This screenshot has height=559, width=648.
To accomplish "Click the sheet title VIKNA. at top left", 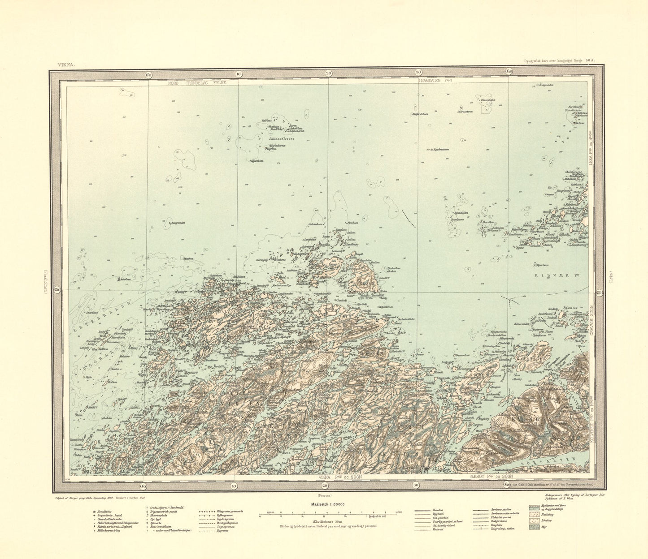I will tap(65, 64).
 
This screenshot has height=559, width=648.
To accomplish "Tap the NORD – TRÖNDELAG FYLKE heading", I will tap(198, 83).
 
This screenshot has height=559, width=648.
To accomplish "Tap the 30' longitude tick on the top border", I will tap(419, 72).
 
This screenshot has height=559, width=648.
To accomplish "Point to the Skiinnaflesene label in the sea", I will tap(281, 139).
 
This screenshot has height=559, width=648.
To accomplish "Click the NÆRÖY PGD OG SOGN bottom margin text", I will tap(491, 477).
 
